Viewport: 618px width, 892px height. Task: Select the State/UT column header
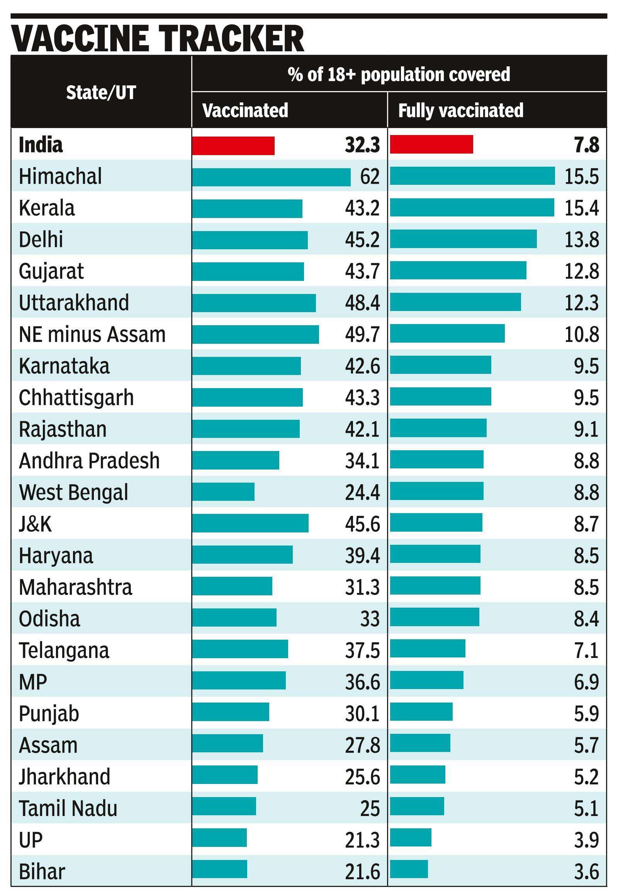[x=101, y=93]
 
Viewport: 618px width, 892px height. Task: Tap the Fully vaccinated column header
[x=460, y=111]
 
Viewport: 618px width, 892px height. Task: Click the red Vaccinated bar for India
[x=234, y=146]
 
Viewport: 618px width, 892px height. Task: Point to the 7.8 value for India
[x=587, y=145]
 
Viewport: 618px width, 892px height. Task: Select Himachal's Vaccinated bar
[x=271, y=177]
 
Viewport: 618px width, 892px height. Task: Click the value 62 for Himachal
[x=370, y=177]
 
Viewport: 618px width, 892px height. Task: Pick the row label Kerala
[x=46, y=208]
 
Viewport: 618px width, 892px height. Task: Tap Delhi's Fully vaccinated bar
[x=463, y=239]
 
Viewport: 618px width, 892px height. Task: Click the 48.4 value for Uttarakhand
[x=362, y=303]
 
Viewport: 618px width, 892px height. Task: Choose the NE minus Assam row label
[x=92, y=334]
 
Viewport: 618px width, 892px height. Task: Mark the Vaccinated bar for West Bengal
[x=223, y=492]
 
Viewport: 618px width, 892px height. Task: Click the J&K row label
[x=35, y=524]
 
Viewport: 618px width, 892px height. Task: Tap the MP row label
[x=33, y=682]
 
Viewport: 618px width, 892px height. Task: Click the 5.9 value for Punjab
[x=586, y=714]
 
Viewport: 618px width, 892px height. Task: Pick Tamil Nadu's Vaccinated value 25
[x=370, y=809]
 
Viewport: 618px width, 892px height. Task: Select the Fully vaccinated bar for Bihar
[x=409, y=872]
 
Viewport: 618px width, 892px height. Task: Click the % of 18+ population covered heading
[x=399, y=74]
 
